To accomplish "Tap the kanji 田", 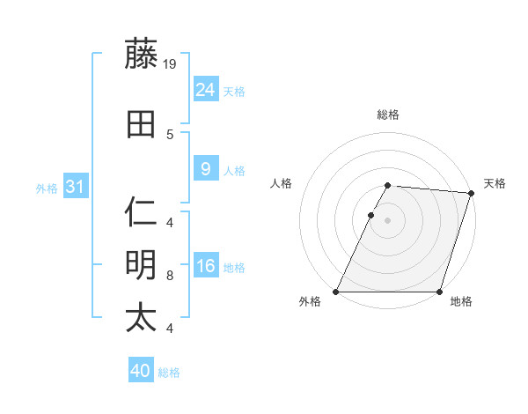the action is pos(142,124).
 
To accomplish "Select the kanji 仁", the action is pos(142,212).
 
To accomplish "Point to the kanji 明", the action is pos(142,265).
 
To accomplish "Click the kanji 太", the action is pos(142,318).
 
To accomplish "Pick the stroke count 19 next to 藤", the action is pos(171,64).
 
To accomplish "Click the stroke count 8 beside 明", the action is pos(170,276).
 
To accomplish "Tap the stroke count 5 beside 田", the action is pos(170,135).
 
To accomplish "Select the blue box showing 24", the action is pos(205,89).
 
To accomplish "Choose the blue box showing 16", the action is pos(205,266).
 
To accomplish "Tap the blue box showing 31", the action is pos(75,187).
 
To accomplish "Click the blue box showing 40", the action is pos(140,371).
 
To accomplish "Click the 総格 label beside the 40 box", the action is pos(169,373).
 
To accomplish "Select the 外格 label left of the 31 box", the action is pos(47,188).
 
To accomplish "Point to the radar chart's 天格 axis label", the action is pos(495,183).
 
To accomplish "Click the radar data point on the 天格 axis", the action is pos(471,194).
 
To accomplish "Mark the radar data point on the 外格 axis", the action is pos(336,292).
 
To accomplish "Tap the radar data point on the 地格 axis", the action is pos(439,292).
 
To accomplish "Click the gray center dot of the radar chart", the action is pos(387,220).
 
